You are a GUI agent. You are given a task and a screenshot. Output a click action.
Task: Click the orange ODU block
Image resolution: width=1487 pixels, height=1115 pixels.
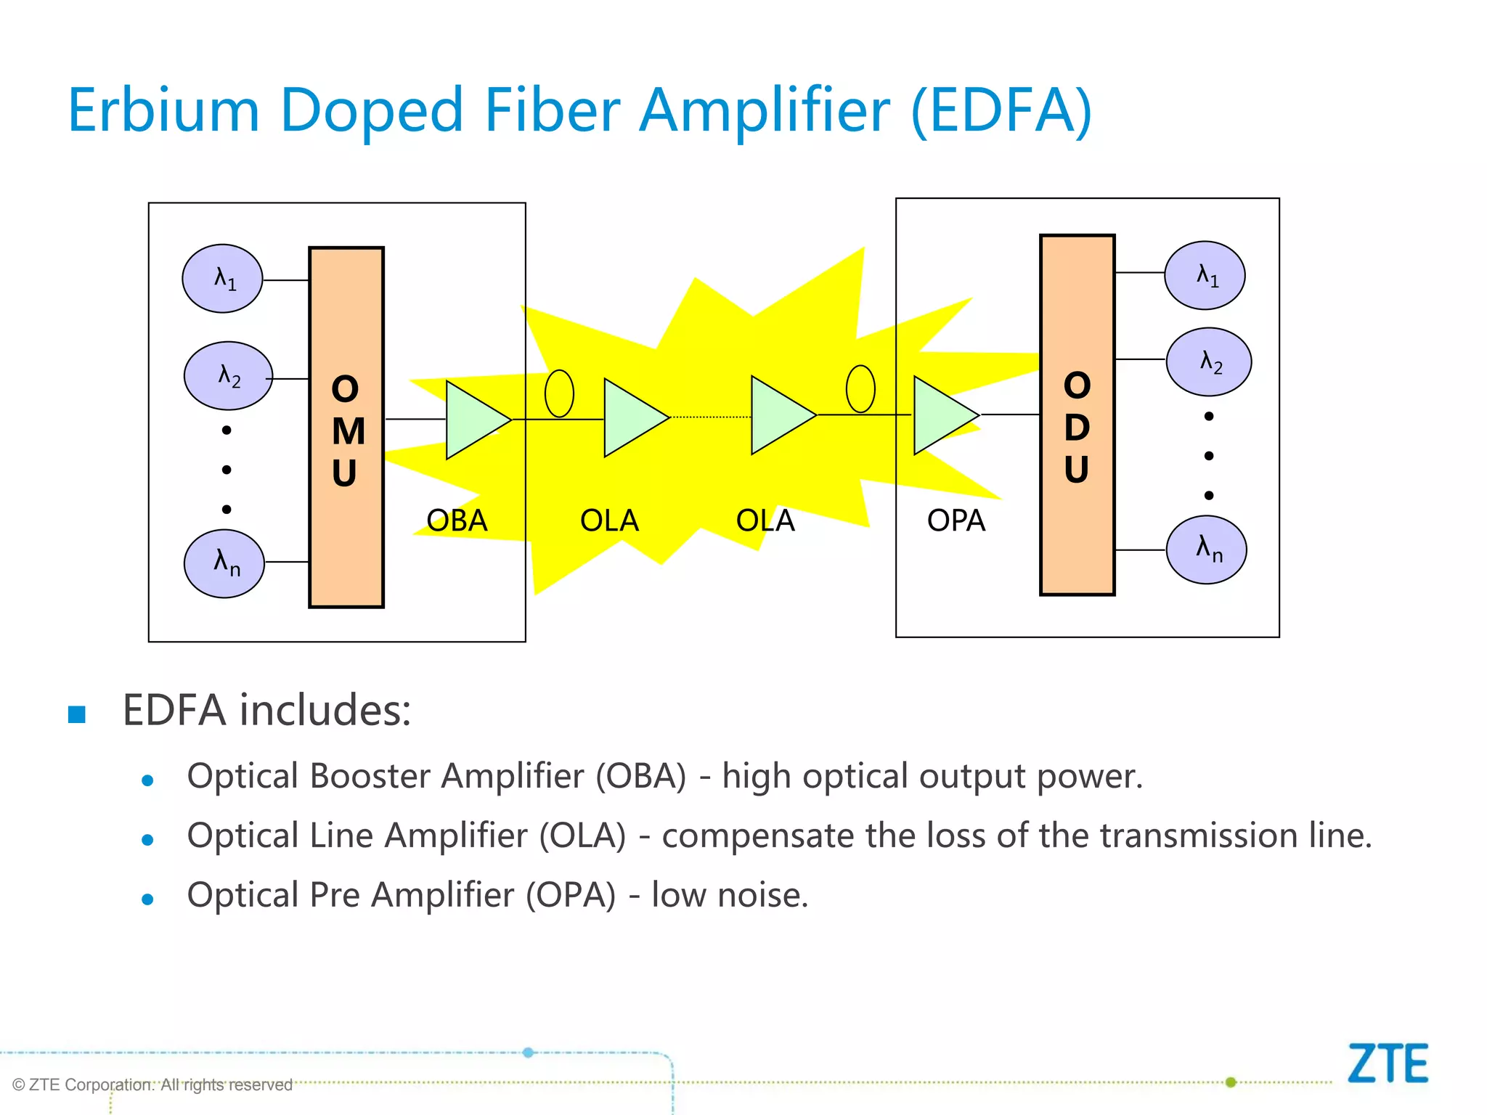coord(1077,414)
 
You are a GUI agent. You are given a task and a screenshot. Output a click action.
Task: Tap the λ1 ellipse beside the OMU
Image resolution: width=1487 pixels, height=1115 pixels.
coord(222,279)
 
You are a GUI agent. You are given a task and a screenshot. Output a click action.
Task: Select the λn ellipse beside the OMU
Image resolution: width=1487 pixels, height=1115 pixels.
coord(224,563)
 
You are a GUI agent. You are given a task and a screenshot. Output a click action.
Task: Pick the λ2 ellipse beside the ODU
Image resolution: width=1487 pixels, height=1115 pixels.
coord(1209,362)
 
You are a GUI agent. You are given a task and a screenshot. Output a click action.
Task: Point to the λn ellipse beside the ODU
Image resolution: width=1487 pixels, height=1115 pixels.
coord(1207,550)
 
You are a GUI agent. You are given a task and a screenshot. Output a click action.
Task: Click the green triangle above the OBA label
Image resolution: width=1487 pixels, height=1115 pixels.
coord(473,420)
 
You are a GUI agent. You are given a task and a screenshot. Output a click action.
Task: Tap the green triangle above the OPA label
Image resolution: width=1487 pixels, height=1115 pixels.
coord(941,415)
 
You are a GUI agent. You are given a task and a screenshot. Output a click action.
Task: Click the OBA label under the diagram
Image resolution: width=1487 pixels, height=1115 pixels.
coord(457,520)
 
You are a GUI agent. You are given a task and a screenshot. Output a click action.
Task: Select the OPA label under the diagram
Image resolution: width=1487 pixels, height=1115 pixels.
coord(956,520)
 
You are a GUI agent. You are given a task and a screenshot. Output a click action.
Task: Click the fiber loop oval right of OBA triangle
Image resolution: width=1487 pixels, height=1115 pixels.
coord(559,393)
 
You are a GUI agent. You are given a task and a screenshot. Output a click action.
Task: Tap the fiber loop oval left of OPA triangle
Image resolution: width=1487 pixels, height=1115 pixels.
coord(860,389)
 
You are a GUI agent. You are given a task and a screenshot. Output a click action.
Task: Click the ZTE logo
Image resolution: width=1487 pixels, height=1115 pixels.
coord(1388,1063)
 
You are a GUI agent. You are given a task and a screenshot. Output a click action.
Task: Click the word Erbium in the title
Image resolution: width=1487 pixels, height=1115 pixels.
coord(163,110)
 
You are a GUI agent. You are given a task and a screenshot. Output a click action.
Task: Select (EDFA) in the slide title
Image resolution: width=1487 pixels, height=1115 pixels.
coord(1001,110)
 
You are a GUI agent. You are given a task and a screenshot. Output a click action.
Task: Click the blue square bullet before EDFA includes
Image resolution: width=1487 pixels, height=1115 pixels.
coord(77,714)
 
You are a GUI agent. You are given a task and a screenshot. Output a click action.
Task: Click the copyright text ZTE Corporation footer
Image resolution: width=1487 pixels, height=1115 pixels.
coord(152,1085)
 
